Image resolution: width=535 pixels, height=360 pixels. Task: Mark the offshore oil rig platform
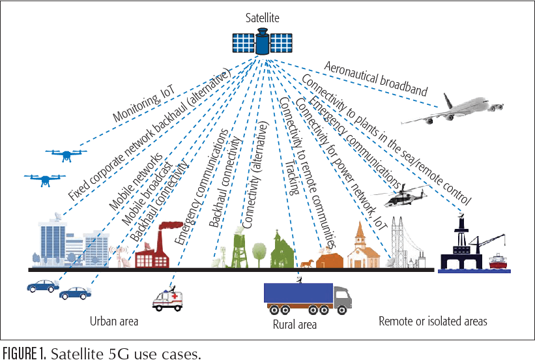click(464, 245)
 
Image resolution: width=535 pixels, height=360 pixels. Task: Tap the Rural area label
click(295, 324)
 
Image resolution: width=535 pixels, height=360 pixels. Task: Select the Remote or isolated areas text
click(433, 322)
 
